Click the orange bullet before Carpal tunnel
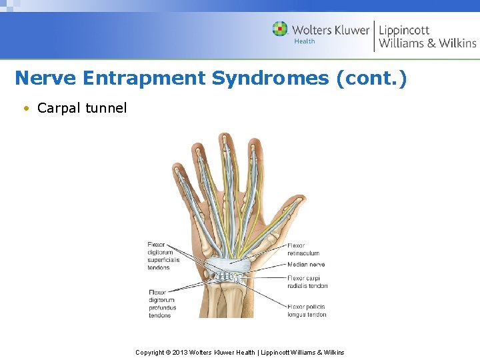pos(25,108)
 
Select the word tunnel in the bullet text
pos(106,108)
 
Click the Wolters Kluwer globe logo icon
pos(280,29)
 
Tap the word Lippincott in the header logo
pos(404,30)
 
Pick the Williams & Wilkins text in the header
pos(427,43)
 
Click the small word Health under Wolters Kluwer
pos(305,41)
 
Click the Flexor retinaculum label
pos(303,249)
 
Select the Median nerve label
pos(307,265)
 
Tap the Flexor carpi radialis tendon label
pos(307,282)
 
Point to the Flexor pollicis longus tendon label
pos(307,311)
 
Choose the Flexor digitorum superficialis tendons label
pos(162,257)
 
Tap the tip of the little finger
pos(177,167)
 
